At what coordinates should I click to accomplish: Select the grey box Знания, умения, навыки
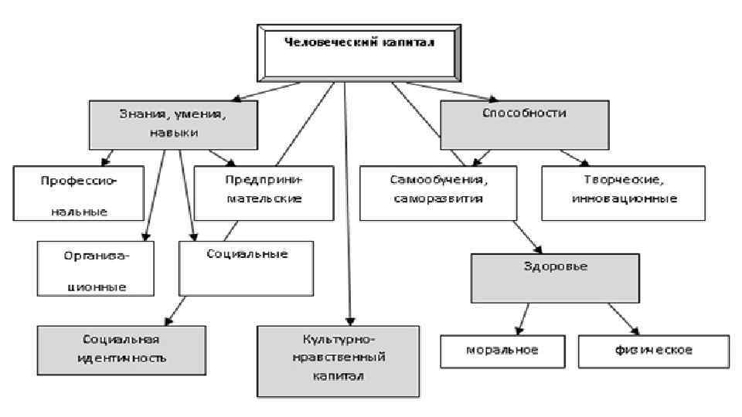pyautogui.click(x=172, y=124)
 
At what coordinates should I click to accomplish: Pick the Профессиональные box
pyautogui.click(x=79, y=193)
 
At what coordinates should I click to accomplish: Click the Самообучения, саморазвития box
pyautogui.click(x=437, y=192)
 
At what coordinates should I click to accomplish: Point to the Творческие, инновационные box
pyautogui.click(x=625, y=191)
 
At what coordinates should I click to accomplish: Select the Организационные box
pyautogui.click(x=95, y=269)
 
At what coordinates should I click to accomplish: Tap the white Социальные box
pyautogui.click(x=247, y=267)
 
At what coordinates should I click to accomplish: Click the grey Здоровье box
pyautogui.click(x=556, y=278)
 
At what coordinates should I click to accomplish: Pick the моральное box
pyautogui.click(x=502, y=350)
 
